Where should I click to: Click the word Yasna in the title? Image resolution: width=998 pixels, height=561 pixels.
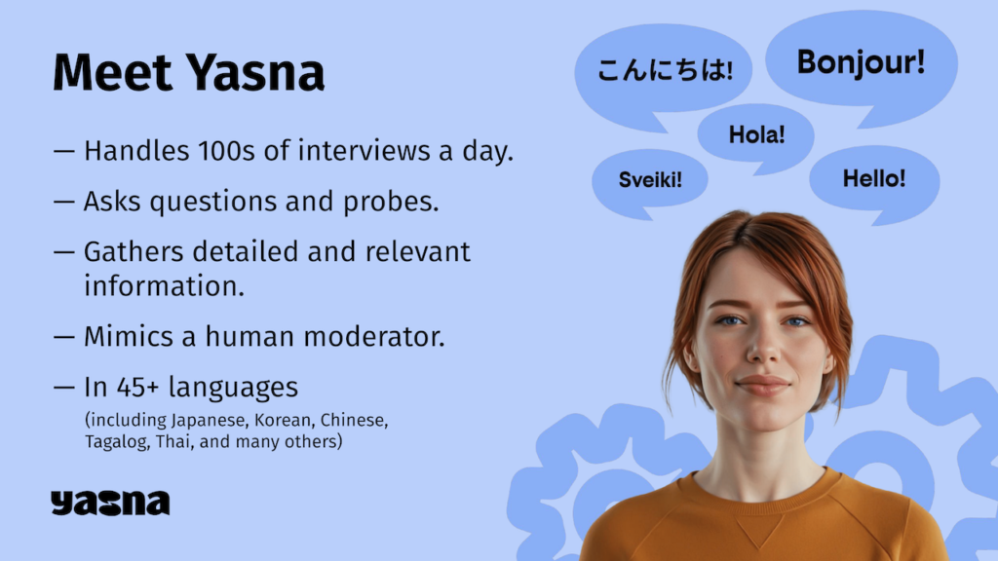pyautogui.click(x=255, y=72)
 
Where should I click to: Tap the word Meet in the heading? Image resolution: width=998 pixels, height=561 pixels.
pyautogui.click(x=113, y=72)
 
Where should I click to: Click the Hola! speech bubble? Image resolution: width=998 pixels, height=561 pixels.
pyautogui.click(x=756, y=136)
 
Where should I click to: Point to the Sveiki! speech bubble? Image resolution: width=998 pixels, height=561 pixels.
pyautogui.click(x=650, y=180)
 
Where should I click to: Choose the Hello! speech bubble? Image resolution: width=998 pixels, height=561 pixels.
pyautogui.click(x=874, y=180)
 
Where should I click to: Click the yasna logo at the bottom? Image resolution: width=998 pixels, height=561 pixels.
pyautogui.click(x=110, y=503)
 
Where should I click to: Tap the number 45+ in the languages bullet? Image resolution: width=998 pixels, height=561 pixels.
pyautogui.click(x=137, y=388)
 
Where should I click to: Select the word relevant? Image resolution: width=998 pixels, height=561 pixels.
pyautogui.click(x=417, y=252)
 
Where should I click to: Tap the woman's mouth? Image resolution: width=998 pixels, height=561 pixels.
pyautogui.click(x=763, y=384)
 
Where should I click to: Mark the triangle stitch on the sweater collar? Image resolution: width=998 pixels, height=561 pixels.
pyautogui.click(x=760, y=529)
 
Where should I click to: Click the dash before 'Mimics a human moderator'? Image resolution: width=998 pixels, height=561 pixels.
pyautogui.click(x=64, y=337)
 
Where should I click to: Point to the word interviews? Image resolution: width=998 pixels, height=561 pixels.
pyautogui.click(x=365, y=151)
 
